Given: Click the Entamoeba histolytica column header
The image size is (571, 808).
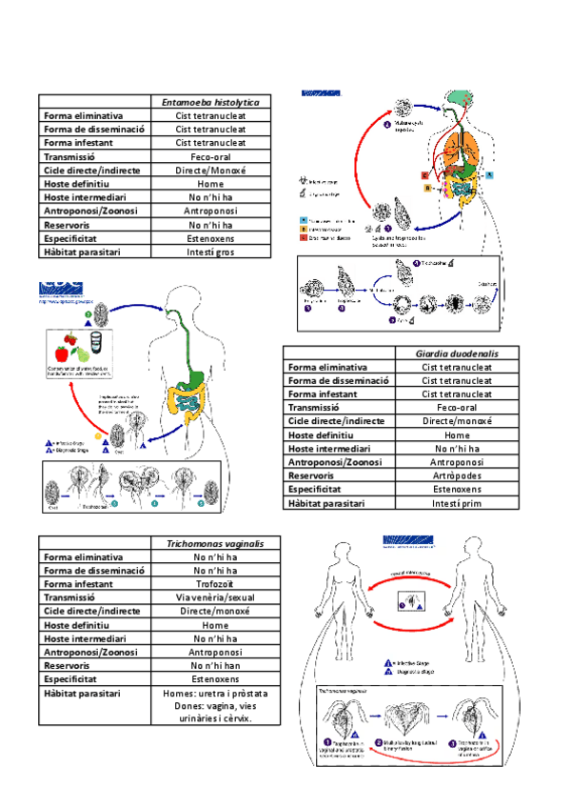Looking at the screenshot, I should point(210,101).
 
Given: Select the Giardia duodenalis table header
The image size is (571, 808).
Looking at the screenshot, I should point(456,353).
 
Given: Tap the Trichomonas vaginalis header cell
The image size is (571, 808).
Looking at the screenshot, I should point(209,543).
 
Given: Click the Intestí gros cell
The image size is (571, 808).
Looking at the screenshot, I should point(210,252).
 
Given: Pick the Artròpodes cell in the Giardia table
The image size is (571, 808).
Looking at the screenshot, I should point(456,475).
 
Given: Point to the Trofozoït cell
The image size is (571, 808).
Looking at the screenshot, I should point(210,584).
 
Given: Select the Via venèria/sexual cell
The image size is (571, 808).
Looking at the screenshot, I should point(210,597).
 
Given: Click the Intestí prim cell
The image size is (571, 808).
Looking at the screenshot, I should point(456,502).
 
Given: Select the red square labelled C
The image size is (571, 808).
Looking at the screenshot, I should point(424,175).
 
